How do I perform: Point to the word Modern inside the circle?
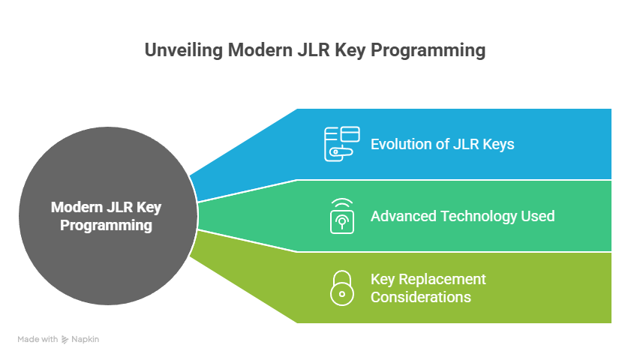77,208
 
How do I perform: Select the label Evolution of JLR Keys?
442,144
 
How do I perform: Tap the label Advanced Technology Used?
462,216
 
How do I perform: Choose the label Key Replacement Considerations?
428,288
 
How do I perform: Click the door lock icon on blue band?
341,144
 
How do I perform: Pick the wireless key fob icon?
342,216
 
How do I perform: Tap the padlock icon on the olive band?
342,288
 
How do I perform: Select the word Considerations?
420,297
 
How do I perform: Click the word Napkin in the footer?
86,339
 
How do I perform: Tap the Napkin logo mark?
66,339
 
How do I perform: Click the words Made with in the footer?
38,339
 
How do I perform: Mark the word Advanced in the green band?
401,216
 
